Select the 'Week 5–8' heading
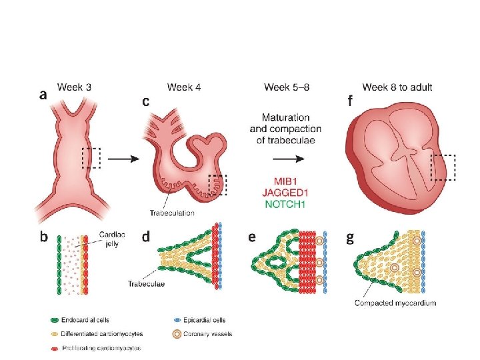(286, 87)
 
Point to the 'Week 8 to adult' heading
(397, 87)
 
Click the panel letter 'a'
(44, 95)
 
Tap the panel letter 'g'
(350, 238)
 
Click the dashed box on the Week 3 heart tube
(91, 158)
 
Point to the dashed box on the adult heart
(443, 167)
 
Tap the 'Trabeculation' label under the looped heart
(173, 213)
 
